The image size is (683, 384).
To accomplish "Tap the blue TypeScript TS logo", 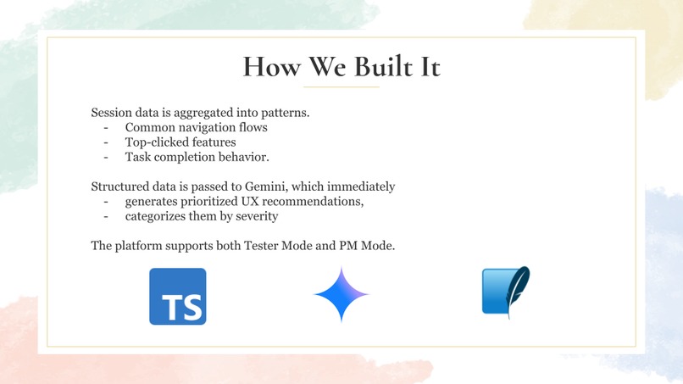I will pyautogui.click(x=178, y=297).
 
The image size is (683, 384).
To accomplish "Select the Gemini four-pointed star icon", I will pyautogui.click(x=341, y=294).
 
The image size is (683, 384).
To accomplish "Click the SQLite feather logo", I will pyautogui.click(x=506, y=292).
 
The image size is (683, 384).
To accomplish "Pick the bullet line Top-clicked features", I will pyautogui.click(x=180, y=142).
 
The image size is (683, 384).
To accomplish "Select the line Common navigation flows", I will pyautogui.click(x=196, y=127).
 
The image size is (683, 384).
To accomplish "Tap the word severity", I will pyautogui.click(x=255, y=215).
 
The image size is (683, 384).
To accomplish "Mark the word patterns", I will pyautogui.click(x=283, y=113).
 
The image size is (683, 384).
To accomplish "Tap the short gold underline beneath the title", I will pyautogui.click(x=341, y=86).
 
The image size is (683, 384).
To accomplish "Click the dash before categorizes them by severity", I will pyautogui.click(x=107, y=215).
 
